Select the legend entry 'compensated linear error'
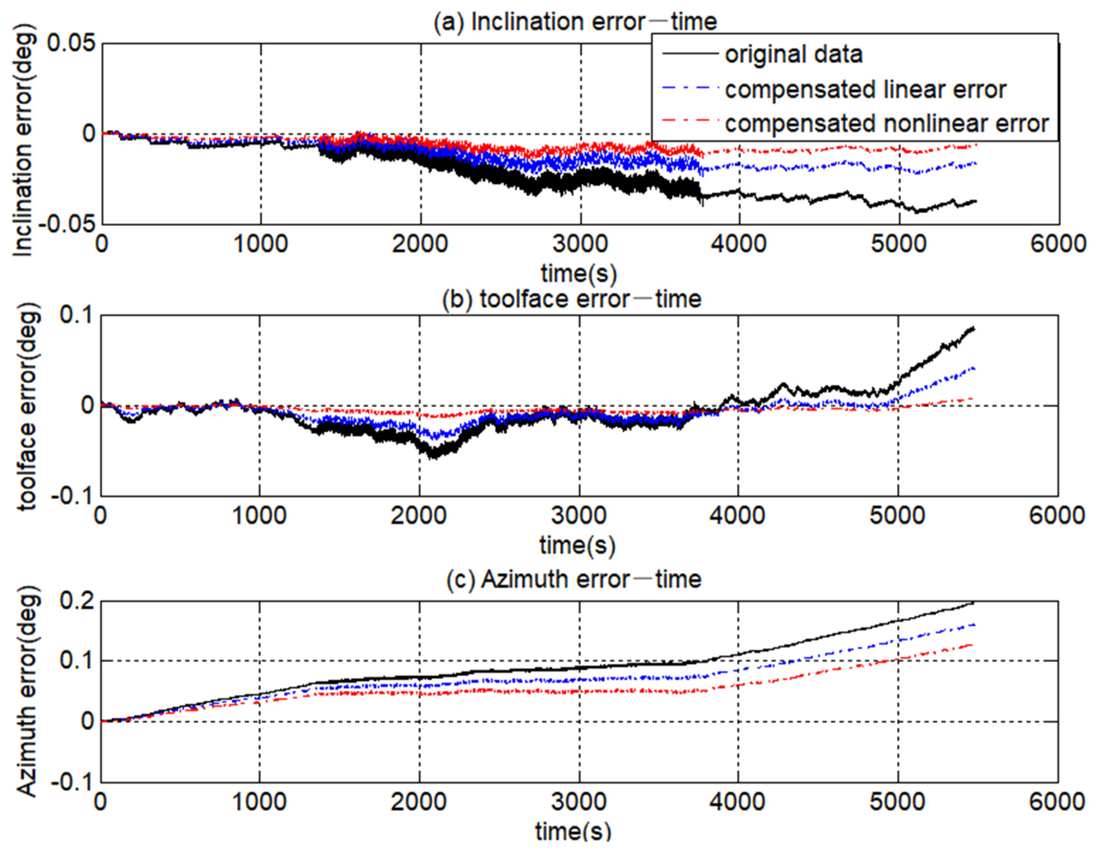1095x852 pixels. (865, 90)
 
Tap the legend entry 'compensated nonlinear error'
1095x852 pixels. (886, 123)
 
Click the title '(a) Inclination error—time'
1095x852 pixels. (575, 21)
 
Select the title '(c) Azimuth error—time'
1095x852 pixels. (574, 579)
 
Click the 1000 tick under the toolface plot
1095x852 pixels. (259, 516)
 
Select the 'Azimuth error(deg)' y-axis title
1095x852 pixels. (27, 692)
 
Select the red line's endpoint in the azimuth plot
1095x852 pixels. (973, 644)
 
